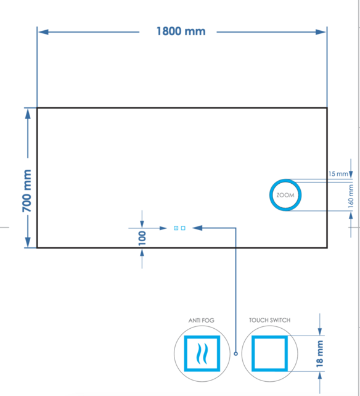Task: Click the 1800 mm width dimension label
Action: [180, 31]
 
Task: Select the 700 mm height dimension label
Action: [28, 191]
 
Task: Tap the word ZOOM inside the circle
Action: [285, 195]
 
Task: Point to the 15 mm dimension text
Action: [338, 174]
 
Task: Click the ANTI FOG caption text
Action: [201, 321]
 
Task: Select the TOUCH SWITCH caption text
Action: [269, 321]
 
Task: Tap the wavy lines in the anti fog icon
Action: [201, 355]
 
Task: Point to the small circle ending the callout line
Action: [236, 353]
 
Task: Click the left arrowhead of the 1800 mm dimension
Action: [42, 31]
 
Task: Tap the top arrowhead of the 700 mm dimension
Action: [28, 113]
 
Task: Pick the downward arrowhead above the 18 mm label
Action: [320, 331]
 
